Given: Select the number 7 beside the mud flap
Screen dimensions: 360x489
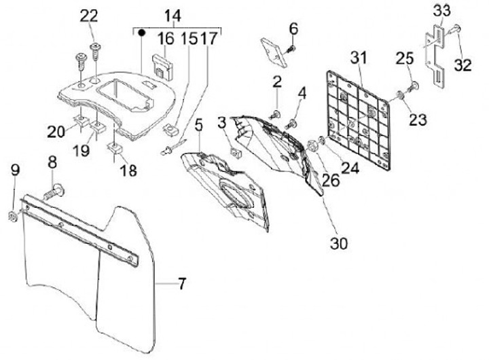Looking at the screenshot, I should point(181,284).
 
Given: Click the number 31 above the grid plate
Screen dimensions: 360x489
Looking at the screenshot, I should point(357,58).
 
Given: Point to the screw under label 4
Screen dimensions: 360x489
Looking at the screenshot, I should point(294,123).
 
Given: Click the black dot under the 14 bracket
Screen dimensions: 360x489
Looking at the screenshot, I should point(141,32).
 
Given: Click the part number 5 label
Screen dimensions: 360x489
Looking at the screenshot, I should point(198,125).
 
